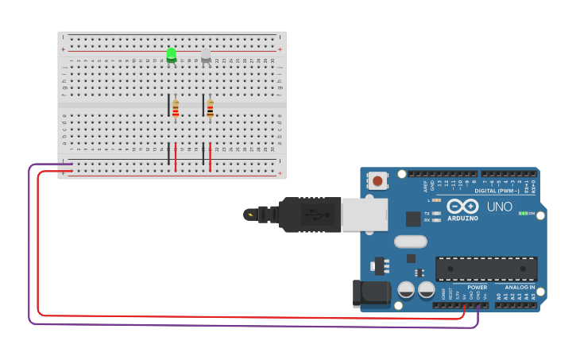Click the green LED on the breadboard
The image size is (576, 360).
(172, 55)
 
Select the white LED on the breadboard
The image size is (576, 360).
(206, 56)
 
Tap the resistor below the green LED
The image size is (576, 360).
(176, 110)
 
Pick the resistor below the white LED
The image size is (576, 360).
(210, 110)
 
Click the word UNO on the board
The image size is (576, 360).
(499, 207)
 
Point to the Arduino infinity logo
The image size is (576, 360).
(462, 206)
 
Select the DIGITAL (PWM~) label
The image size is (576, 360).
(497, 191)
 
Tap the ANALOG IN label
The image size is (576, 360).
(520, 287)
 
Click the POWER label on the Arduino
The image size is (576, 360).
(477, 287)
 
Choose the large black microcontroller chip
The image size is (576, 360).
(486, 269)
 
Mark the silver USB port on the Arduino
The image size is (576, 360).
(365, 215)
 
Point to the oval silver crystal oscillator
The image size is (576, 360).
(410, 242)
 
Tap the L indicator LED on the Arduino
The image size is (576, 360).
(436, 200)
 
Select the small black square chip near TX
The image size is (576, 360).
(413, 219)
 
